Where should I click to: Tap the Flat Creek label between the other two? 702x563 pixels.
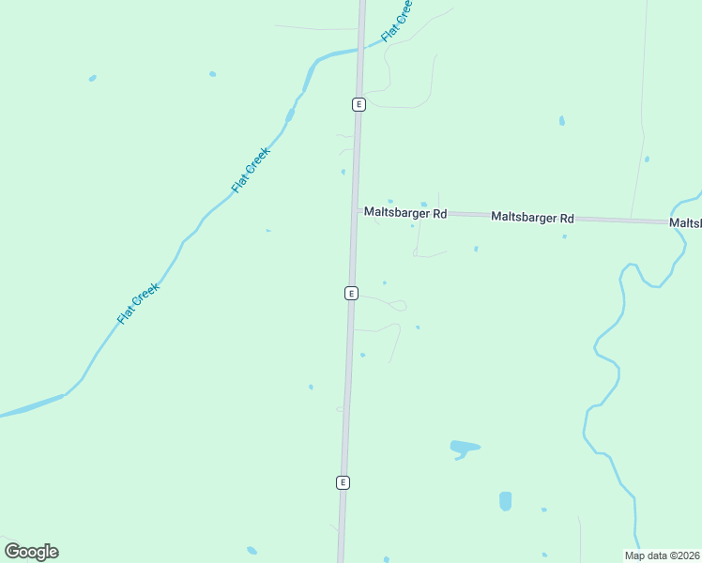pyautogui.click(x=251, y=170)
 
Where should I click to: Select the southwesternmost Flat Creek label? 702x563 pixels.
pyautogui.click(x=139, y=303)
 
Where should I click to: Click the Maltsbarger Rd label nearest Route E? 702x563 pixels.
pyautogui.click(x=405, y=213)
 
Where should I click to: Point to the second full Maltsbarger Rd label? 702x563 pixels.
pyautogui.click(x=532, y=218)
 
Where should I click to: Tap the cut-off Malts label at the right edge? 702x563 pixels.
pyautogui.click(x=685, y=223)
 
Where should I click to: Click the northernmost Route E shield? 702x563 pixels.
pyautogui.click(x=359, y=104)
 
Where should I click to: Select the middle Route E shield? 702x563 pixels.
pyautogui.click(x=351, y=293)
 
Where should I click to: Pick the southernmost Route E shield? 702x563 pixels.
pyautogui.click(x=343, y=482)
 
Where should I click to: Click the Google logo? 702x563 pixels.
pyautogui.click(x=31, y=552)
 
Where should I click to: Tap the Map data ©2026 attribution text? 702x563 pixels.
pyautogui.click(x=662, y=555)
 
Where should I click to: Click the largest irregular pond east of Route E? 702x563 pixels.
pyautogui.click(x=465, y=448)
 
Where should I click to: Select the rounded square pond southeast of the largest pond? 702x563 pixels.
pyautogui.click(x=506, y=500)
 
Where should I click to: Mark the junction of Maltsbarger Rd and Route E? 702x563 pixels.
pyautogui.click(x=356, y=211)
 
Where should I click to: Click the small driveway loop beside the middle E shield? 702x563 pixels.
pyautogui.click(x=399, y=305)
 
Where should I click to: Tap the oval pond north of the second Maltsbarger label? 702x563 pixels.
pyautogui.click(x=561, y=120)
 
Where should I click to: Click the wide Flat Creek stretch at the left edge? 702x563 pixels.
pyautogui.click(x=28, y=407)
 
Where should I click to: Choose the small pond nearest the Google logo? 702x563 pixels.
pyautogui.click(x=252, y=550)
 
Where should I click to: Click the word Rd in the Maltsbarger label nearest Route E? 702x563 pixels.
pyautogui.click(x=439, y=214)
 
